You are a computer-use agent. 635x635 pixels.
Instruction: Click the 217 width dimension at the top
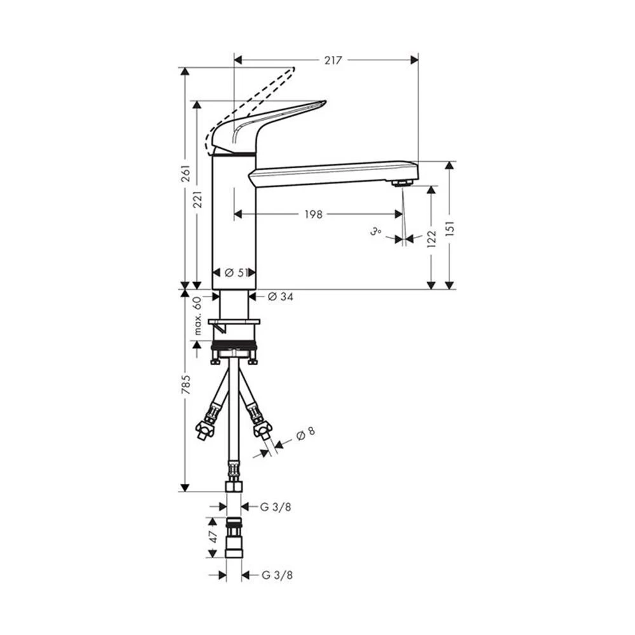pos(333,60)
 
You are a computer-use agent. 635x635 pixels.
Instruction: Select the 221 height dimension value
pos(197,199)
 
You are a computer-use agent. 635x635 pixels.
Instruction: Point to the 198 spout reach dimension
pos(314,214)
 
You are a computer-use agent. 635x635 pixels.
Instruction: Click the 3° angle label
pos(375,232)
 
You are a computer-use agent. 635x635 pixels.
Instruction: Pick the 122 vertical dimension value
pos(432,239)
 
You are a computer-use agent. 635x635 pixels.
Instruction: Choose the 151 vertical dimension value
pos(450,229)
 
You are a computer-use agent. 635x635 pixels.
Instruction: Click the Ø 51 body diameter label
pos(236,273)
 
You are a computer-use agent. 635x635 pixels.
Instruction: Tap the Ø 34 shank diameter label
pos(281,297)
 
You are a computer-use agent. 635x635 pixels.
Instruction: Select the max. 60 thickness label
pos(197,316)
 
